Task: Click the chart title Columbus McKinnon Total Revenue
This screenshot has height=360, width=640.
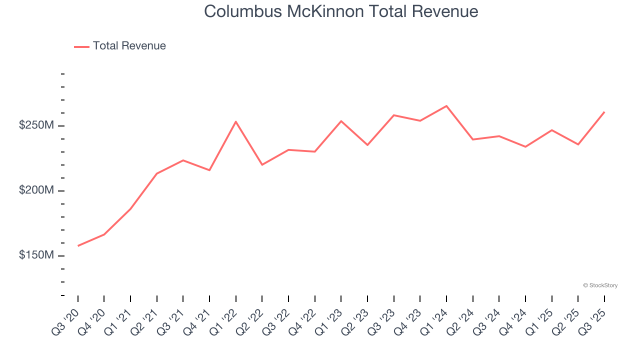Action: pos(341,11)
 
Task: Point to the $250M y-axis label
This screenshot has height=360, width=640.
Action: pos(36,125)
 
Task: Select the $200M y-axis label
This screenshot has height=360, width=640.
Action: pos(36,190)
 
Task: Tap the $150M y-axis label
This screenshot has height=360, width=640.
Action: pos(36,255)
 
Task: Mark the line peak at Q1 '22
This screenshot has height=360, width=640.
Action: pos(235,121)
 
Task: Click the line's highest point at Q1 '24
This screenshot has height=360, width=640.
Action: pos(446,106)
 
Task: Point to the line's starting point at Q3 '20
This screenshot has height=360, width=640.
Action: pos(78,246)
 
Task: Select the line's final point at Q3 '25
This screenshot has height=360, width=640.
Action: pos(604,112)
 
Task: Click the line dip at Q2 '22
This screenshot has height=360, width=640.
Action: pos(262,164)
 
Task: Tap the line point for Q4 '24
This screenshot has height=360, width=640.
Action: pos(525,146)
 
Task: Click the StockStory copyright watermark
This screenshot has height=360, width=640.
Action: pos(600,285)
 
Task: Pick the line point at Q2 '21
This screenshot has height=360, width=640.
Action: pos(157,173)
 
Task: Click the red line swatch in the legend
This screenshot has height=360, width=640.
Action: pos(81,46)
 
